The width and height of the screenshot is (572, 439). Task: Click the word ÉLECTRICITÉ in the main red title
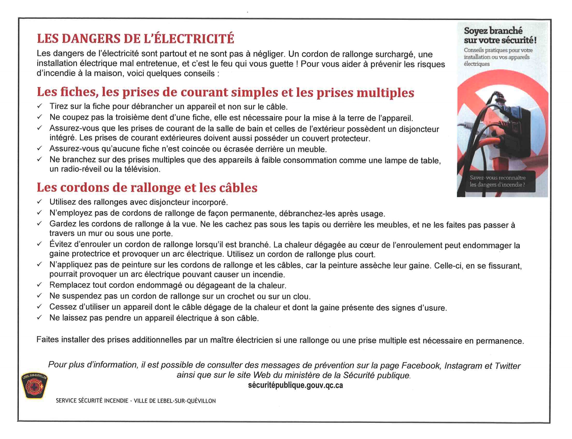coord(189,39)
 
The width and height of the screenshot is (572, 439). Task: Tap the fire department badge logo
coord(34,385)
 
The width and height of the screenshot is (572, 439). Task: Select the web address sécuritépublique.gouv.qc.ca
coord(295,385)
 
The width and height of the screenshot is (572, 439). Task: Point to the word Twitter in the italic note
coord(507,366)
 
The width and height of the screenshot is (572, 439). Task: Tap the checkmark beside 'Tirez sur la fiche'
coord(39,106)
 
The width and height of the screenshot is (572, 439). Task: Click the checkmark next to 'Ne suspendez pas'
coord(39,296)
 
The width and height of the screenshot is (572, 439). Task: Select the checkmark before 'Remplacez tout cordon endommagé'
coord(39,284)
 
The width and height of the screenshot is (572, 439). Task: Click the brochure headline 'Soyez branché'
coord(493,31)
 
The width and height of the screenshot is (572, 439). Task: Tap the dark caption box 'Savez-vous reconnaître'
coord(497,181)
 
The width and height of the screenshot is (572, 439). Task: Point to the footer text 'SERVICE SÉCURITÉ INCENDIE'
coord(92,401)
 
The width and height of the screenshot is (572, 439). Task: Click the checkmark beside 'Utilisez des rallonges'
coord(39,201)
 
